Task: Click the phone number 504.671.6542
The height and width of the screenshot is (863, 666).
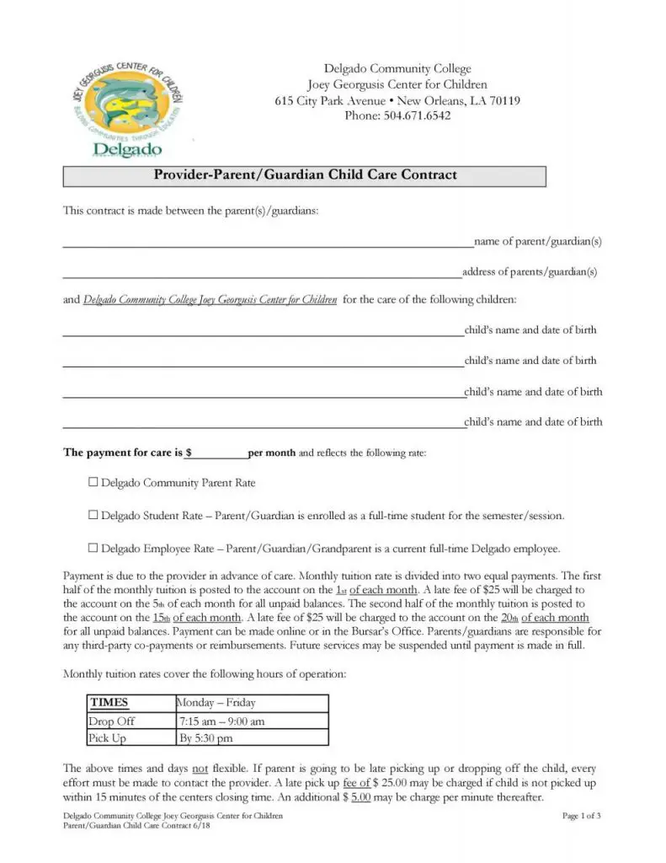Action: [x=397, y=115]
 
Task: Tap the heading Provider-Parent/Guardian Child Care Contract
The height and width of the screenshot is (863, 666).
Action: [x=305, y=175]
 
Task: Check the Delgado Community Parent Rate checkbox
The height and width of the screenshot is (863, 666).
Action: [x=93, y=483]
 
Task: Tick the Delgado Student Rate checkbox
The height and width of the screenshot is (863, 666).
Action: [x=93, y=515]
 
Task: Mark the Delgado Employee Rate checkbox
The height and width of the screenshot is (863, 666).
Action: [x=93, y=548]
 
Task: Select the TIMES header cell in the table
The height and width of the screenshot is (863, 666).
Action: [x=109, y=703]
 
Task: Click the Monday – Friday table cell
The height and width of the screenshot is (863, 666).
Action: [x=216, y=703]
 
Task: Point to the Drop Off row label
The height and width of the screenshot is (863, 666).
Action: [x=112, y=721]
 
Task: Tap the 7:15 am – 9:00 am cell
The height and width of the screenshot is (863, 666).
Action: [x=222, y=721]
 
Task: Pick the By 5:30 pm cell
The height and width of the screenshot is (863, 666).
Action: [x=206, y=738]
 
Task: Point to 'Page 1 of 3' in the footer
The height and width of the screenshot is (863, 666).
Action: [x=581, y=816]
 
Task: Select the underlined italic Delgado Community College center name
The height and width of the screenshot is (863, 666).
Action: [x=210, y=299]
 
